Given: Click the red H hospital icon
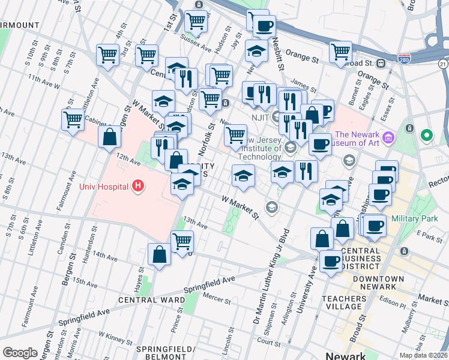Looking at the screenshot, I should point(139,187).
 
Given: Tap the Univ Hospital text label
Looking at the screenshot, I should point(104,187).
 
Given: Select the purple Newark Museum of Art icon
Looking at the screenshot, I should point(387,139).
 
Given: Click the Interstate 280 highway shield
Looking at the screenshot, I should point(404,59).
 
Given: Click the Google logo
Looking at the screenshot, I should point(20,353).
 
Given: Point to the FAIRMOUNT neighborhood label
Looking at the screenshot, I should point(20,25).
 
